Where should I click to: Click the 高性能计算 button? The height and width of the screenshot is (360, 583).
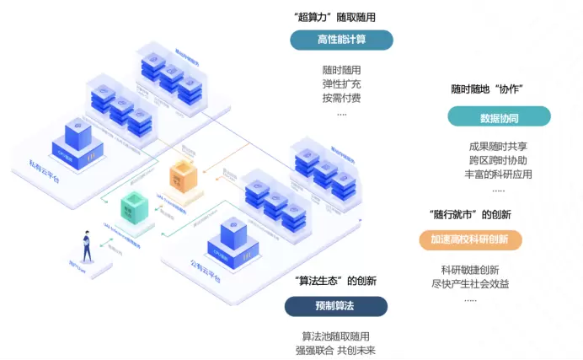[x=341, y=40]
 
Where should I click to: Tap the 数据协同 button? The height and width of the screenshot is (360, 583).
[x=500, y=117]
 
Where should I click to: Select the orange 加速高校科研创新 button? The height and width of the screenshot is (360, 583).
[x=470, y=239]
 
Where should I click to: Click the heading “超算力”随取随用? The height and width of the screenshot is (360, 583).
[x=335, y=18]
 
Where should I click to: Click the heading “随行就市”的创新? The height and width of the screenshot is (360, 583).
[x=470, y=214]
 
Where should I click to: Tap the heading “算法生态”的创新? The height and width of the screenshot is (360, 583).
[x=336, y=281]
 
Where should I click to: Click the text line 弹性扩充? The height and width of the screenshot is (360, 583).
[x=341, y=84]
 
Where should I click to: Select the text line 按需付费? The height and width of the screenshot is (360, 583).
[x=341, y=98]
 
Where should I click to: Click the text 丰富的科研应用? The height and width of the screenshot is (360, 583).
[x=499, y=175]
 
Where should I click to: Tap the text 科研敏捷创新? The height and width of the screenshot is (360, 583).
[x=470, y=270]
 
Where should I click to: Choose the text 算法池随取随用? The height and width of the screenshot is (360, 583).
[x=335, y=336]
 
